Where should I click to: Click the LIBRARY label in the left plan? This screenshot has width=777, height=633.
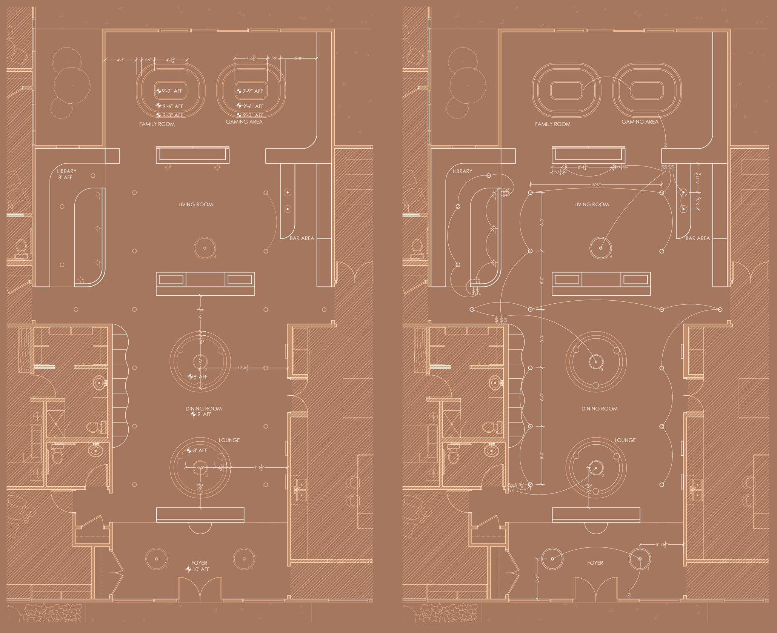[67, 171]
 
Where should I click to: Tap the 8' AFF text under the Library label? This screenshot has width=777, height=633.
[65, 177]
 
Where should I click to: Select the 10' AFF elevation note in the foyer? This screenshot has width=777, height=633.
[200, 569]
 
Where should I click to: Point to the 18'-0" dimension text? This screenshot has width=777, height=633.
[596, 184]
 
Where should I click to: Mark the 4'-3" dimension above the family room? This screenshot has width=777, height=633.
[121, 60]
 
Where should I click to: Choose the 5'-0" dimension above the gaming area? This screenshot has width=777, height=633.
[298, 58]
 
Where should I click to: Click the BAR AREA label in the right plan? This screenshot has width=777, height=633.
[697, 238]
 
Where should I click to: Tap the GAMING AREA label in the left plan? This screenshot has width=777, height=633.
[244, 122]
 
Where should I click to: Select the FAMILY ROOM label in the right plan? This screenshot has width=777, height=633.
[552, 124]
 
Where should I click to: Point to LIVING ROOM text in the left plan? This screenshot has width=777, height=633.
[195, 204]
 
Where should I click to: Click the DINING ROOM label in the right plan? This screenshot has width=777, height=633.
[599, 409]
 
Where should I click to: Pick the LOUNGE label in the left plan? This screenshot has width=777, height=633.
[229, 440]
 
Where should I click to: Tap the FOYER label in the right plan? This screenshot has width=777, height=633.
[595, 563]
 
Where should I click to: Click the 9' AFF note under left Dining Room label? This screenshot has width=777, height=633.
[203, 414]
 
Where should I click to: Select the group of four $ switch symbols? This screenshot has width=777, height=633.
[668, 167]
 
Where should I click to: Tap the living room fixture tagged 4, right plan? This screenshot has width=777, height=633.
[600, 248]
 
